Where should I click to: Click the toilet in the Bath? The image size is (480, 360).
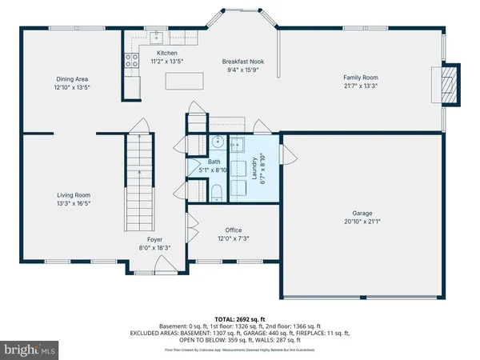click(x=217, y=190)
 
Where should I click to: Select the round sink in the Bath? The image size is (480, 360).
click(x=217, y=143)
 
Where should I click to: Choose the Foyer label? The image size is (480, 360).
click(x=155, y=239)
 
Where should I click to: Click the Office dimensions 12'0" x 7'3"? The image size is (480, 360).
click(x=233, y=238)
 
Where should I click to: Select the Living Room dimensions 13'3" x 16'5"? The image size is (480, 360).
click(x=73, y=203)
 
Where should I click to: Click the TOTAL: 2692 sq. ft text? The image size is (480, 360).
click(x=240, y=318)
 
